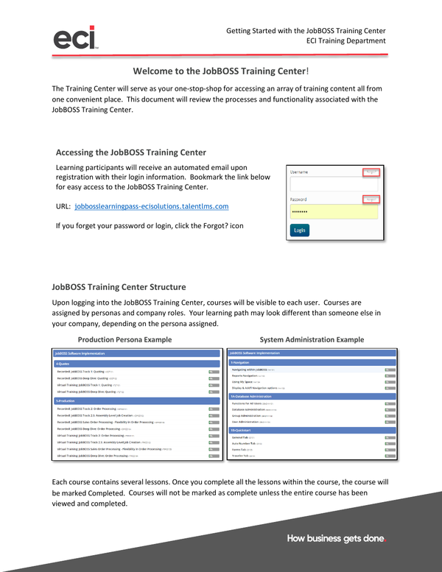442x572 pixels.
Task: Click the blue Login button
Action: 299,230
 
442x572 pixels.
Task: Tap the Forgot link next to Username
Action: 372,172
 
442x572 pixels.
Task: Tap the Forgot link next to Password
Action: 372,200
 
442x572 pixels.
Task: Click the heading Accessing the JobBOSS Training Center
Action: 131,152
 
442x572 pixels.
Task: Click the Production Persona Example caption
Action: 124,339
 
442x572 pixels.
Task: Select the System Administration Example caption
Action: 312,339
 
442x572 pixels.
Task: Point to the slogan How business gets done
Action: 336,539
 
